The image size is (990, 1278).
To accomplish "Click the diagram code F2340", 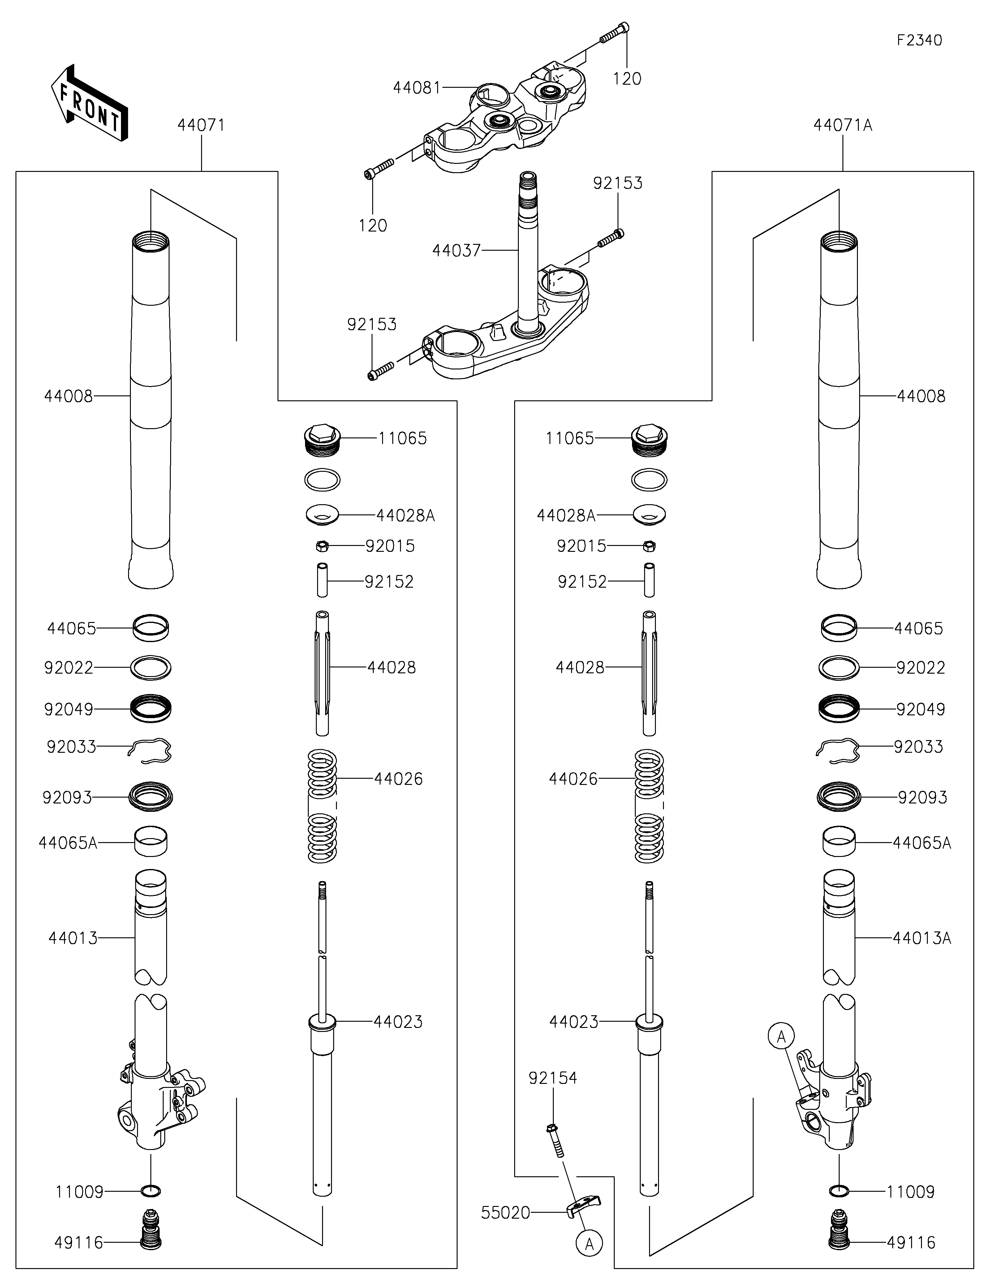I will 919,40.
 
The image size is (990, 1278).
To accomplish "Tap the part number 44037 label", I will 456,250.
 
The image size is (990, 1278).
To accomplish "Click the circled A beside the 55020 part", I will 589,1243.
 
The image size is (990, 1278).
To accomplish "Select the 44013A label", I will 922,938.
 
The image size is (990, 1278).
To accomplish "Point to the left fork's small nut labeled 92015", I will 322,546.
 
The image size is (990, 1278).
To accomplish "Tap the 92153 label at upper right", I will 618,183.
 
